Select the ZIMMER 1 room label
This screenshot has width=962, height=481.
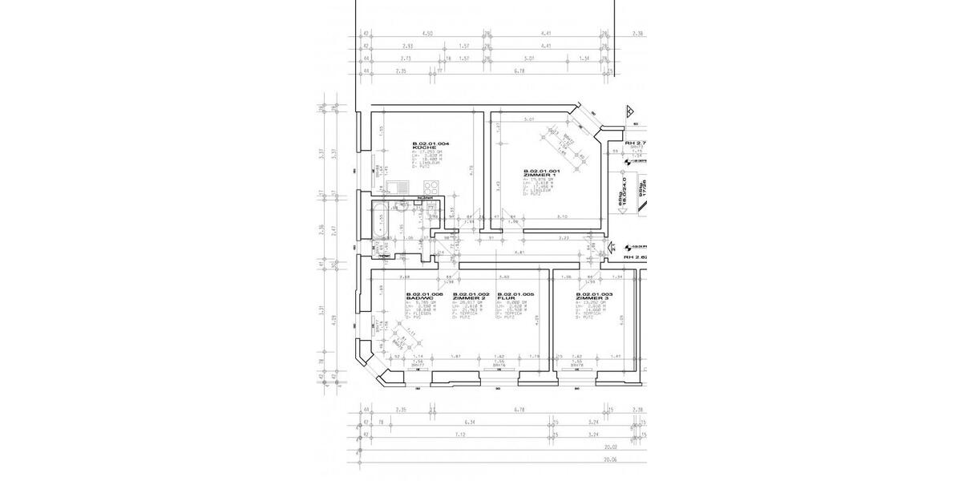tap(537, 175)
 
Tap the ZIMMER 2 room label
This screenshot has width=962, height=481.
tap(465, 299)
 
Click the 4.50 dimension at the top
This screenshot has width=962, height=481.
tap(427, 33)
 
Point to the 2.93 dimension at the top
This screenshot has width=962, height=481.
tap(407, 46)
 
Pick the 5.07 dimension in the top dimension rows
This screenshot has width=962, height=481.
tap(528, 59)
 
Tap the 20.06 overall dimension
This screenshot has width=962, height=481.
tap(612, 460)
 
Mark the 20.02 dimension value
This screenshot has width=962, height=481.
tap(612, 447)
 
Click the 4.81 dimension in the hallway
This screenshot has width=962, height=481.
tap(519, 253)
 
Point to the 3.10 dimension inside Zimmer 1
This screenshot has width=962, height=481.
tap(561, 217)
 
